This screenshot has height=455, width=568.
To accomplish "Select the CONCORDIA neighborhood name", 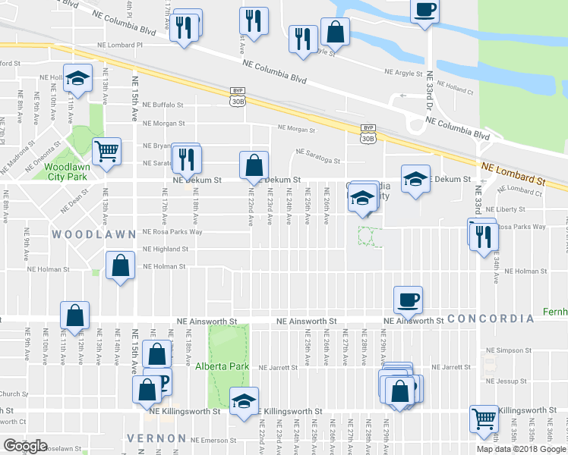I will coord(491,318).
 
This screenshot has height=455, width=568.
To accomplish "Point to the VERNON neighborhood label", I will coord(156,438).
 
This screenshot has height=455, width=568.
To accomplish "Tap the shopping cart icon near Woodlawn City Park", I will coord(106,151).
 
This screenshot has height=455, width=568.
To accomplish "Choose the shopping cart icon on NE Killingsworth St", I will coord(484,416).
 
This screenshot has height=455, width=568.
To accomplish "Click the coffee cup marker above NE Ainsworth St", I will coord(409,298).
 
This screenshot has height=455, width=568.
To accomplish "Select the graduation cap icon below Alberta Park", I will coord(244,400).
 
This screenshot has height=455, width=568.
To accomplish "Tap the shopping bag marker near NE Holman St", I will coord(121,266).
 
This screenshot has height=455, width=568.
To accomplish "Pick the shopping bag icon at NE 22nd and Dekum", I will coord(254,164).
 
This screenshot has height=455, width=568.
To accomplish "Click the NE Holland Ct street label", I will coord(455,91).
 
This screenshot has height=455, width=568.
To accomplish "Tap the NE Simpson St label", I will coord(510,350).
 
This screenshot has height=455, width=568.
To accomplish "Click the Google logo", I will coord(25,446).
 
